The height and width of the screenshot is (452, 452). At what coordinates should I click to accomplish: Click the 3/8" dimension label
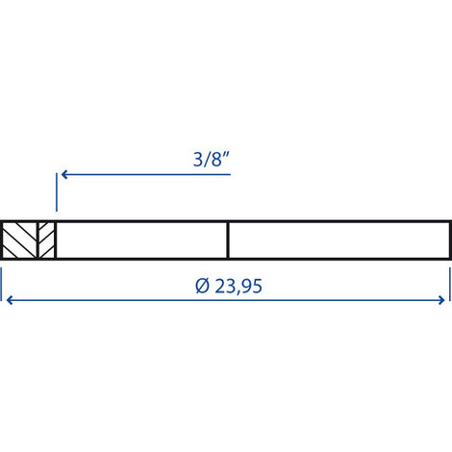pos(212,160)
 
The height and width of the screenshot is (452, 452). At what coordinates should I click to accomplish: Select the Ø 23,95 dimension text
pos(229,286)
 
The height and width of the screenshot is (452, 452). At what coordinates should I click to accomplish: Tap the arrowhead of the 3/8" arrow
pos(64,174)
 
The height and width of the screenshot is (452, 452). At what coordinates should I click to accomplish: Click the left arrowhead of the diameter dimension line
pos(10,300)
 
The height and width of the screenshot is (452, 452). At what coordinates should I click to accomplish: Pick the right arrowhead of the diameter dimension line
pos(441,300)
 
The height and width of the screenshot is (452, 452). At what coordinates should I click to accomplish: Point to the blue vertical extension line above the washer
pos(57,192)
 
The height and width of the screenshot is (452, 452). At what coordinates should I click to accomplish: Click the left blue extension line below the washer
pos(1,285)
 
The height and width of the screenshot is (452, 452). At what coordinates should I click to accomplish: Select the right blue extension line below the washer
pos(450,285)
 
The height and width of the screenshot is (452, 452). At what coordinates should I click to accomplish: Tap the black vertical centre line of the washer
pos(228,239)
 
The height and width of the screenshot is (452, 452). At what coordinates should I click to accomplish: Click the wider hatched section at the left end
pos(19,239)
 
